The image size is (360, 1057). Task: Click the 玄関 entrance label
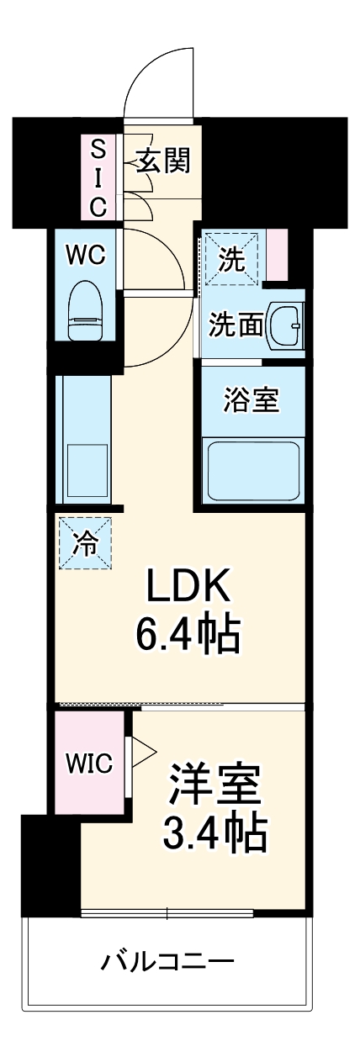pos(164,160)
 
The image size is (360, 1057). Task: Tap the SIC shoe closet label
pos(99,177)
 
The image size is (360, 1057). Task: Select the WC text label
pos(86,256)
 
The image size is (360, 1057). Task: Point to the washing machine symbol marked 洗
pos(231,260)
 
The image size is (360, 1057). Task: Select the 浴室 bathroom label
pos(251,400)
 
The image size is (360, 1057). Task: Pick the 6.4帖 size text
pos(188,637)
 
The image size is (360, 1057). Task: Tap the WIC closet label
pos(90,764)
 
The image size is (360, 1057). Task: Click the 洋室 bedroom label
pos(217,785)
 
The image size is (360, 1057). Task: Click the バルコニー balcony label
pos(167,960)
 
